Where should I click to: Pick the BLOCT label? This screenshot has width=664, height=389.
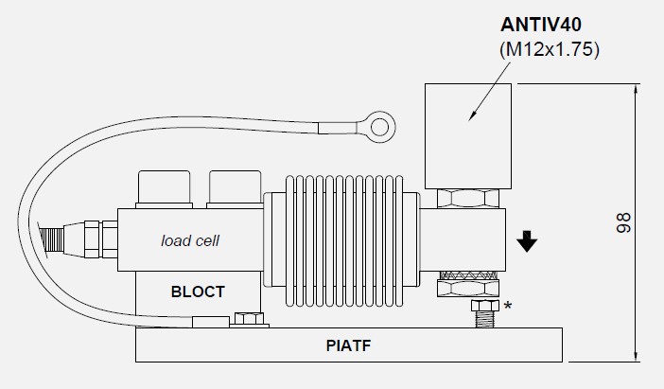click(198, 292)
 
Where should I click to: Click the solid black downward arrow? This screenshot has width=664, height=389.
click(527, 242)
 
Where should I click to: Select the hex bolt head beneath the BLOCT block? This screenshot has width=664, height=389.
click(249, 320)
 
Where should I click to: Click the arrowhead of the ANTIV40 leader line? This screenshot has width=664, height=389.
click(473, 118)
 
